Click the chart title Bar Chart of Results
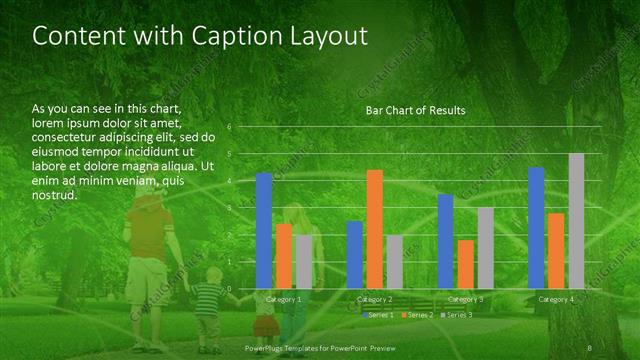pyautogui.click(x=415, y=110)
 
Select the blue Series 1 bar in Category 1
pyautogui.click(x=264, y=231)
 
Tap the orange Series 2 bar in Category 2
pyautogui.click(x=375, y=229)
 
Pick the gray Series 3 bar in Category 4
pyautogui.click(x=576, y=221)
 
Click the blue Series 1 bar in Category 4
pyautogui.click(x=536, y=228)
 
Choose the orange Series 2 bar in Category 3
pyautogui.click(x=466, y=264)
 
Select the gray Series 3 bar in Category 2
pyautogui.click(x=394, y=262)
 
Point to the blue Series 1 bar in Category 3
pyautogui.click(x=446, y=241)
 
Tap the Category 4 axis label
pyautogui.click(x=556, y=299)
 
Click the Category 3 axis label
pyautogui.click(x=465, y=299)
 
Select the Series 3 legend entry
pyautogui.click(x=456, y=315)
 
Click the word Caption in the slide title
pyautogui.click(x=215, y=36)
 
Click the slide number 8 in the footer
pyautogui.click(x=590, y=347)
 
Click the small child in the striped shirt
pyautogui.click(x=207, y=305)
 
